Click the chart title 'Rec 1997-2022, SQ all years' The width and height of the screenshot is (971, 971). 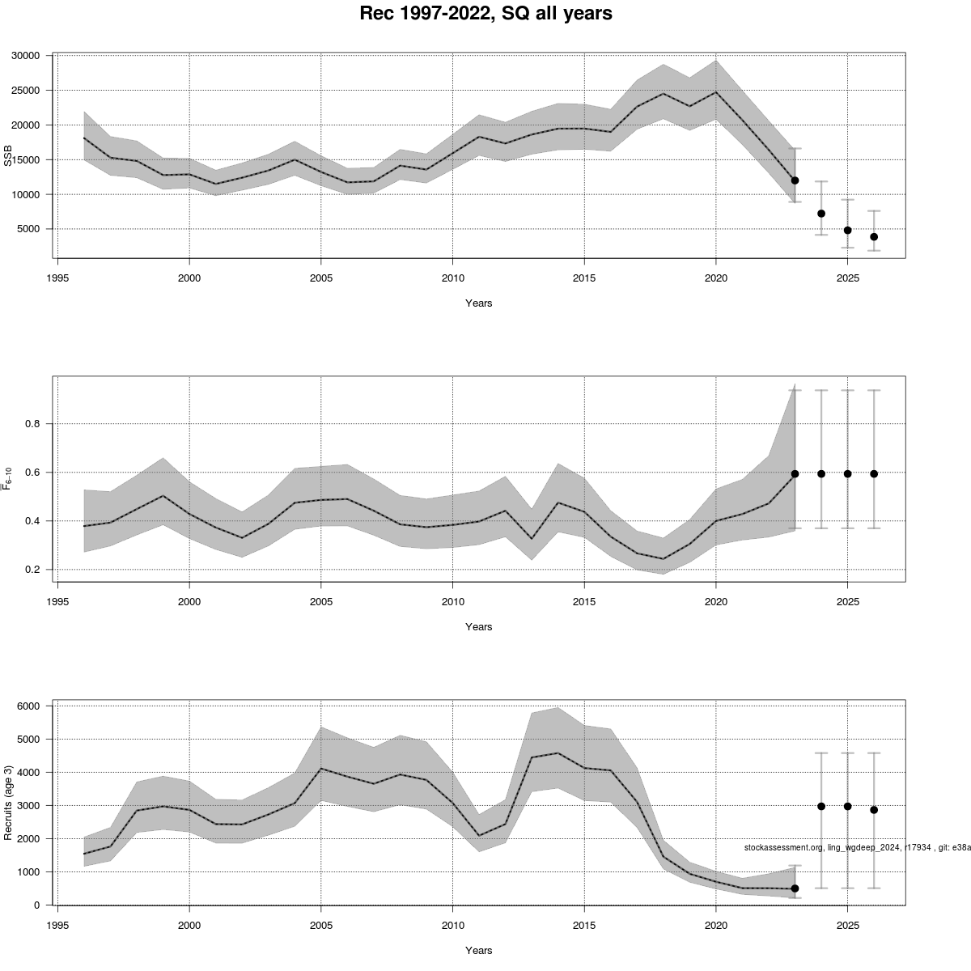[485, 14]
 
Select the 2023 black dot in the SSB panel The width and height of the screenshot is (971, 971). [795, 180]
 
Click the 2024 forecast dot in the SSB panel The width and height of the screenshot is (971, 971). [821, 214]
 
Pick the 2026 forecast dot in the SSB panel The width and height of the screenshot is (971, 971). [874, 237]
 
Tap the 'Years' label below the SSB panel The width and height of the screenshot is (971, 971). [478, 303]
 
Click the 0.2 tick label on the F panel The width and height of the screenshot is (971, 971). [34, 570]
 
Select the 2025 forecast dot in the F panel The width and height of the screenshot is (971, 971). [847, 474]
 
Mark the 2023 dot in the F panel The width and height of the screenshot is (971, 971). [795, 474]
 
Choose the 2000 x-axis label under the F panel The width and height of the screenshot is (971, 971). [189, 601]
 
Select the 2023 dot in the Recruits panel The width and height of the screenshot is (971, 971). [795, 888]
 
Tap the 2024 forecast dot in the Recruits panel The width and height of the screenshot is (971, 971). [821, 806]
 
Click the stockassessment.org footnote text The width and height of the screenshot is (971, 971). [856, 847]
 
